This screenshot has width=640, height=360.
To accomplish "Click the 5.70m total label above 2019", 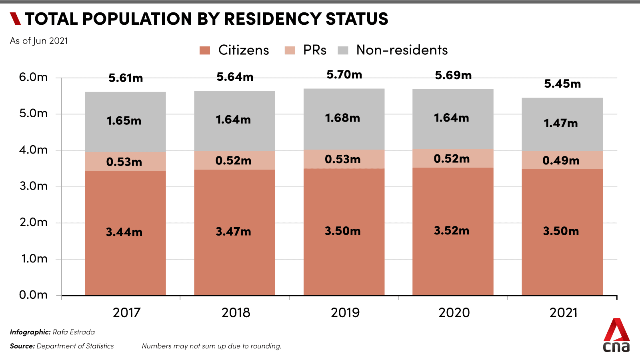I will click(344, 75).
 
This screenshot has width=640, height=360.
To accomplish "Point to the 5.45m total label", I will click(562, 84).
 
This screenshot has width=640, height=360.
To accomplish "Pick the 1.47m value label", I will click(560, 123).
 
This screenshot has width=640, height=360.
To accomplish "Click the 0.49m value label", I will click(561, 161).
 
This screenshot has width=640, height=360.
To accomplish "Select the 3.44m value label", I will click(124, 232).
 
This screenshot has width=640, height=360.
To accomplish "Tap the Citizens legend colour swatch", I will click(205, 50).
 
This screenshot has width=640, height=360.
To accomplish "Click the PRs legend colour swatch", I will click(290, 50).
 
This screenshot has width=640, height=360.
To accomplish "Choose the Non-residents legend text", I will click(402, 50).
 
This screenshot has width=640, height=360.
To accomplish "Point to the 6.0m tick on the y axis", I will click(33, 77).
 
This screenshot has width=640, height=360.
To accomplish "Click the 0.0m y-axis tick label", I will click(33, 295).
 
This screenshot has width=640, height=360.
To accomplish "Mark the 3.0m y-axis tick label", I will click(33, 186).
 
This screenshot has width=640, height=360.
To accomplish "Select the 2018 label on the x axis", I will click(236, 312).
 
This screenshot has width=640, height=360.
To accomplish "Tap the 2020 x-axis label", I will click(454, 312).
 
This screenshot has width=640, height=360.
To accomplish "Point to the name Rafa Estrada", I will click(74, 332).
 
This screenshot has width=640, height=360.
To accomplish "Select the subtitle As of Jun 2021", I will click(39, 41).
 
